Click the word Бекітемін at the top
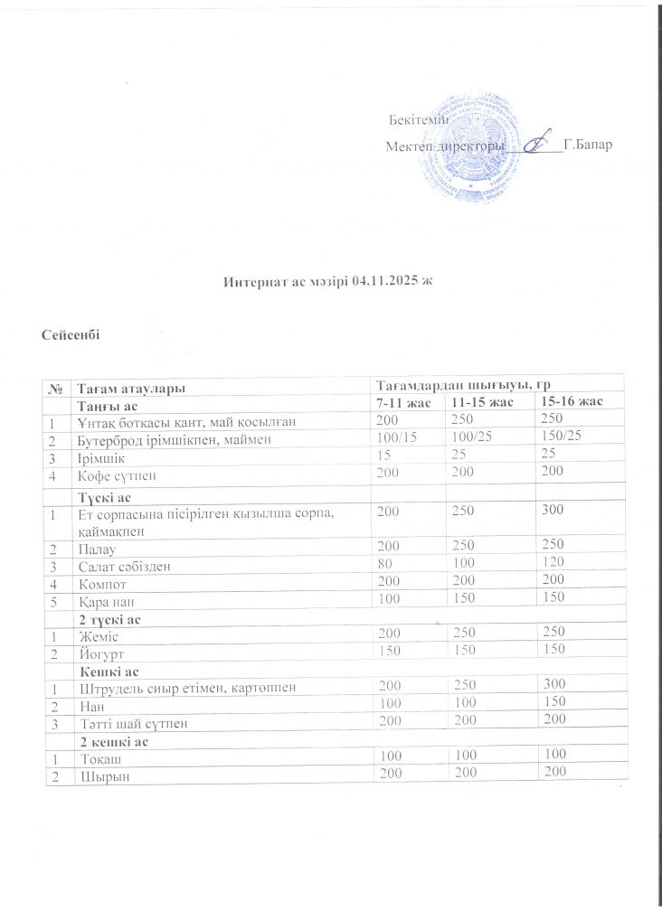(412, 121)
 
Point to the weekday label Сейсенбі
(70, 336)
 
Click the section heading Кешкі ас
(107, 671)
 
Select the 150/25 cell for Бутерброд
(560, 437)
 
